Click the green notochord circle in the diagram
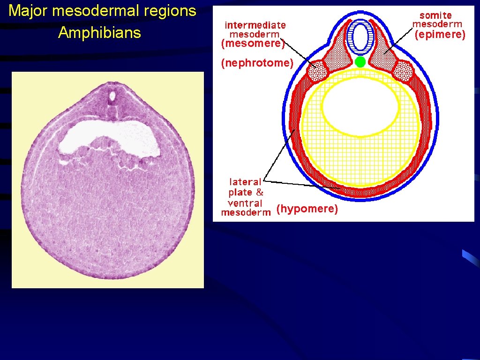[x=360, y=62]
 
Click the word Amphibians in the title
[x=99, y=33]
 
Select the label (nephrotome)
[x=257, y=63]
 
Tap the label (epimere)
[x=440, y=34]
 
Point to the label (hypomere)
[x=307, y=209]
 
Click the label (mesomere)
[x=253, y=44]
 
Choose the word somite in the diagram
[x=436, y=15]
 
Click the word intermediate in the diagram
[x=255, y=24]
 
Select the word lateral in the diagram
[x=245, y=182]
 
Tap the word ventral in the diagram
[x=245, y=203]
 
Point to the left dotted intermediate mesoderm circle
[x=317, y=72]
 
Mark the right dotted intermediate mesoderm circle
[x=403, y=72]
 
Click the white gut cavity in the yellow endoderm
[x=360, y=107]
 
